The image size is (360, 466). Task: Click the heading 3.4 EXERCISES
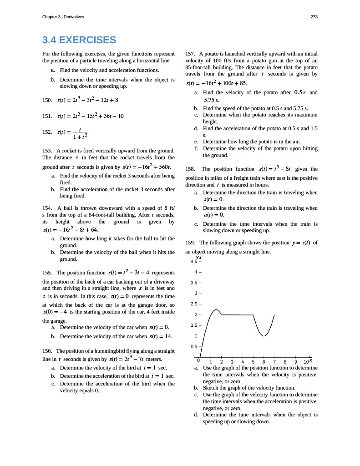click(79, 40)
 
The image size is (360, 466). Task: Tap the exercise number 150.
click(46, 100)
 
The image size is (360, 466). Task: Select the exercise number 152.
click(46, 132)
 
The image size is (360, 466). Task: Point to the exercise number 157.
click(191, 54)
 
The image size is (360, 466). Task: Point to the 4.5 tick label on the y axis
click(193, 262)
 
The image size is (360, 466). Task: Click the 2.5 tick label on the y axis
click(193, 304)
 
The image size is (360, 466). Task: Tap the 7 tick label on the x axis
click(274, 362)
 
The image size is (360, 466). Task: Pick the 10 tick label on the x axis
click(306, 362)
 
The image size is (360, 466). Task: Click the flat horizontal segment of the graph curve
click(237, 315)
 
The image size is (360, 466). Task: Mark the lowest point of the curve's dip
click(264, 336)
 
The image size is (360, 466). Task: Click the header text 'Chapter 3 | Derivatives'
click(63, 17)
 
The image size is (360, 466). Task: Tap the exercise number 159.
click(191, 243)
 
